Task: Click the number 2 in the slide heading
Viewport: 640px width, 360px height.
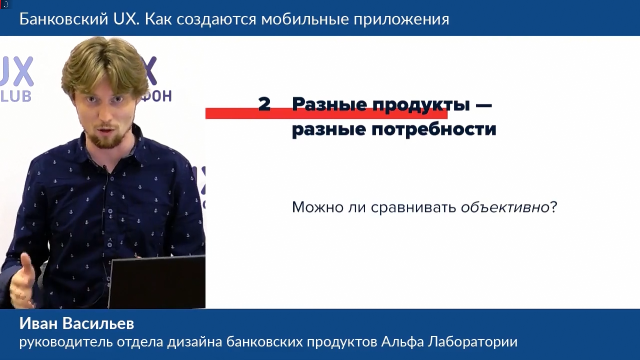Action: tap(264, 104)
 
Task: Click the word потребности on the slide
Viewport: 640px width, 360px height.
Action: tap(434, 129)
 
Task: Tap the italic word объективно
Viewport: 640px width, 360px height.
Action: tap(505, 207)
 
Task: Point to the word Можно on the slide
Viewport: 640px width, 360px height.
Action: tap(318, 207)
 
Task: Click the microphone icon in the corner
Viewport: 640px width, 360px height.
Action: tap(6, 5)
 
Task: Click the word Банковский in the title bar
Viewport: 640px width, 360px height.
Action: tap(64, 19)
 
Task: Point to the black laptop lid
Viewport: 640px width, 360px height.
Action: tap(157, 282)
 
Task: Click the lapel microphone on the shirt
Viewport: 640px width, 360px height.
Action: tap(108, 171)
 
